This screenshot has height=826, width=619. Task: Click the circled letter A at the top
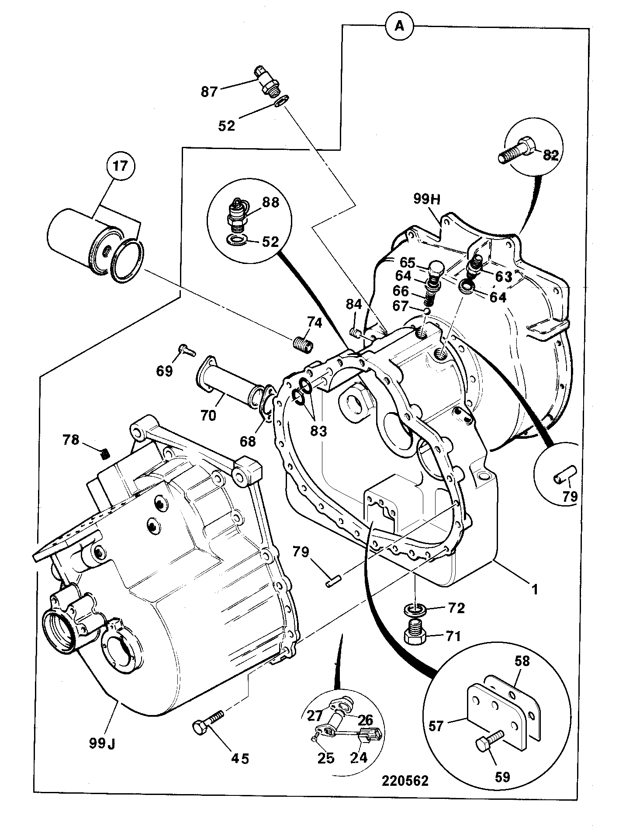pos(399,26)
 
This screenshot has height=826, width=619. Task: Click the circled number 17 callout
pos(121,167)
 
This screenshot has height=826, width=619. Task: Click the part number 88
pos(271,203)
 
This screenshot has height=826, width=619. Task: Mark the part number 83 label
pos(318,431)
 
